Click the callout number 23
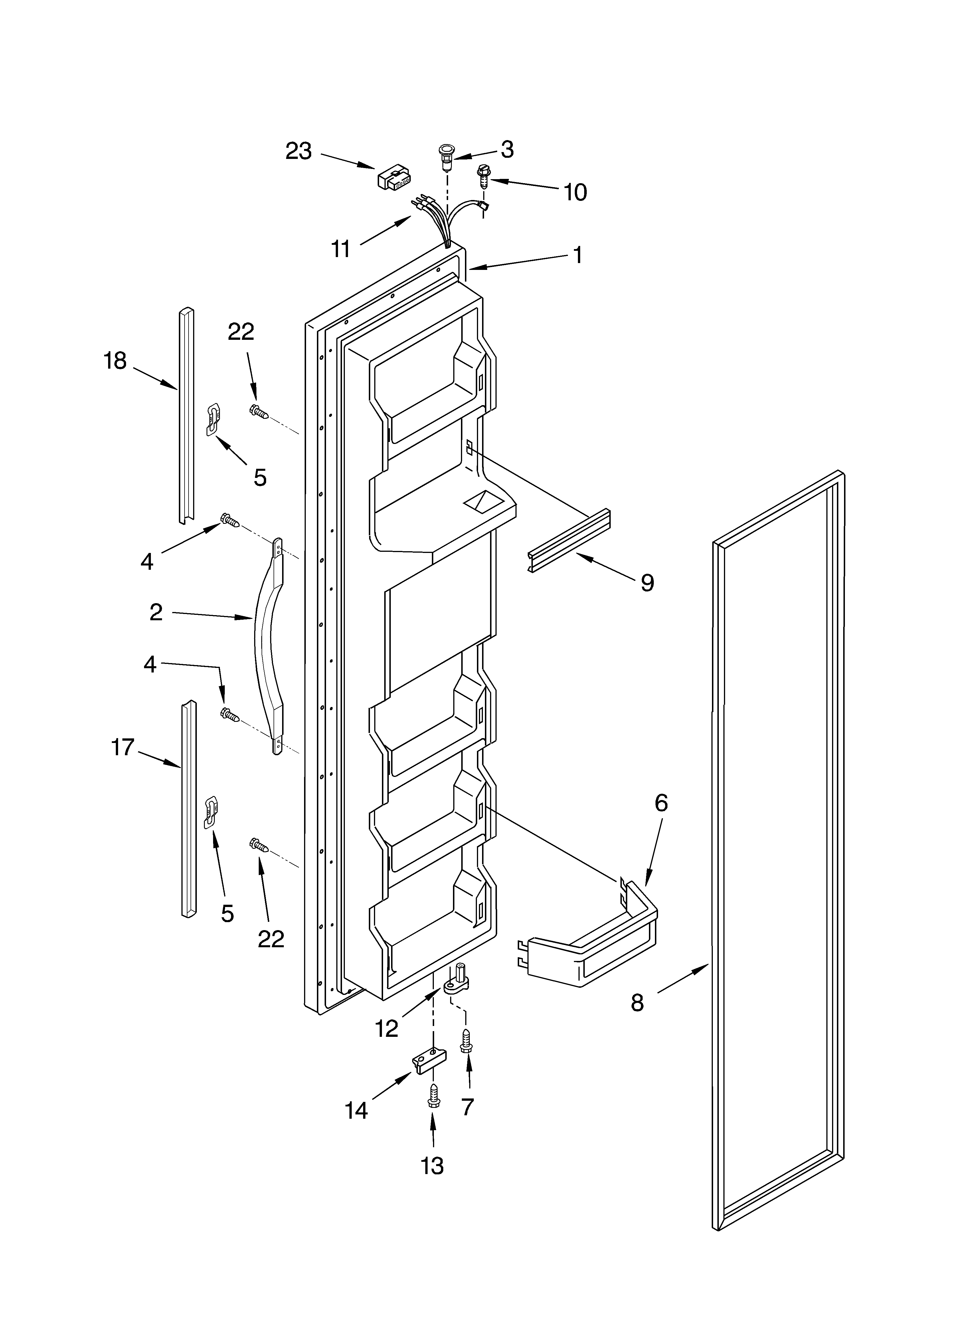(298, 151)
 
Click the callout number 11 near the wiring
(341, 249)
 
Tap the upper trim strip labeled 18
(186, 416)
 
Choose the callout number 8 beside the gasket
(638, 1002)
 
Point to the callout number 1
(578, 255)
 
